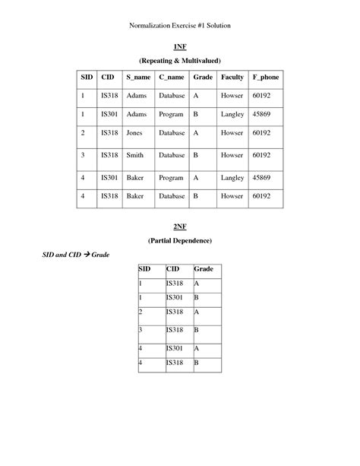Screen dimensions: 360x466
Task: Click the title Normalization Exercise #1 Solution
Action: pos(180,26)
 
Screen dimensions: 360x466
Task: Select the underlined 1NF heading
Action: pos(179,46)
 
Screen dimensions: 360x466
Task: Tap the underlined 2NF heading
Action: pos(179,227)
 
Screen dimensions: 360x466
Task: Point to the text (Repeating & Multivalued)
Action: pos(179,60)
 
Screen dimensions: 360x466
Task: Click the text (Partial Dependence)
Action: pos(179,240)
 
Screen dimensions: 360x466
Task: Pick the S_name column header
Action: pos(138,78)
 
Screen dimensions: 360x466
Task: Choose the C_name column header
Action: pos(171,78)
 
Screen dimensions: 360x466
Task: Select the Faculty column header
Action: pos(232,78)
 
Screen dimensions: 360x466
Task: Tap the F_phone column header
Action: pos(266,78)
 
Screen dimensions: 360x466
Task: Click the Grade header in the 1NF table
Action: pos(203,78)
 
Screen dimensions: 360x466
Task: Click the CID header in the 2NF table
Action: pos(172,269)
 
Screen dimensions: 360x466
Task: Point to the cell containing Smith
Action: pos(135,155)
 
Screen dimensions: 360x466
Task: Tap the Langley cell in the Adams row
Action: pos(232,113)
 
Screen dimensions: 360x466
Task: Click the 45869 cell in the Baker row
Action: pos(263,177)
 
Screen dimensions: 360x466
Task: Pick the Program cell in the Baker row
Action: pos(171,177)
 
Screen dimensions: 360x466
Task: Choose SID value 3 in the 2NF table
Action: pos(141,331)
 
